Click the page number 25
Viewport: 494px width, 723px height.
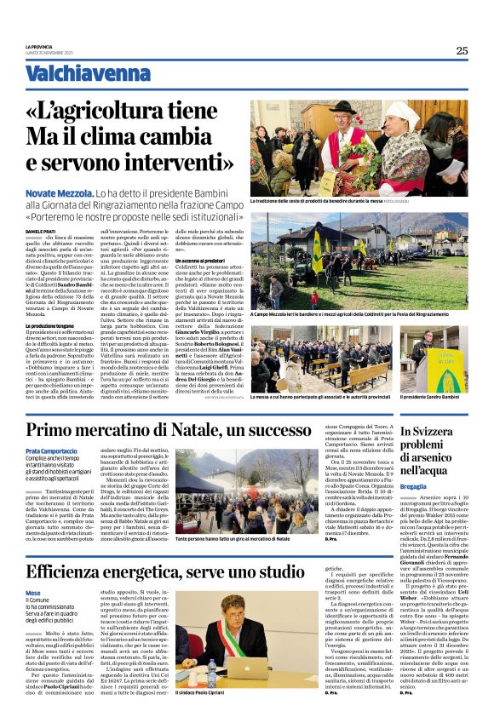462,50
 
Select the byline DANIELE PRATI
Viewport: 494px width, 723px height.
40,232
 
